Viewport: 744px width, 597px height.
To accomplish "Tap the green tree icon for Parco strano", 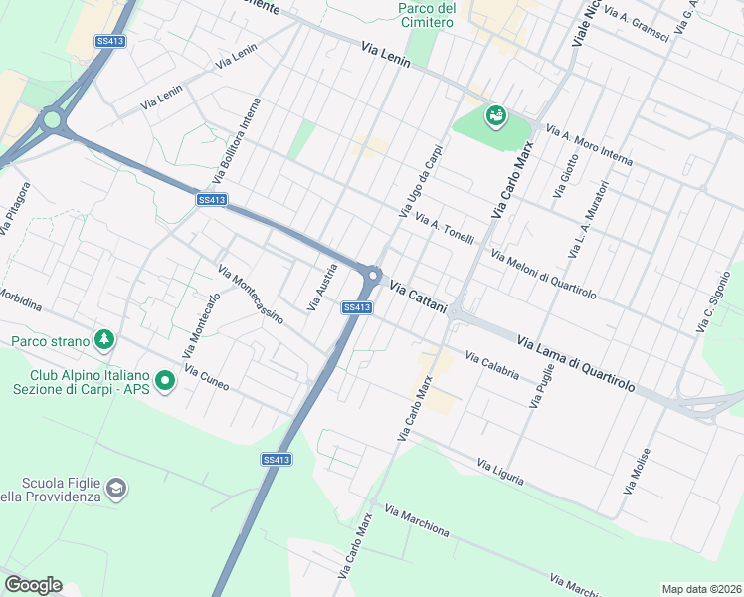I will click(x=104, y=341).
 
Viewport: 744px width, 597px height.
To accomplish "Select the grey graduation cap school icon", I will click(x=117, y=488).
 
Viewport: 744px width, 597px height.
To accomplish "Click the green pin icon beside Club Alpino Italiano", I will click(x=165, y=379).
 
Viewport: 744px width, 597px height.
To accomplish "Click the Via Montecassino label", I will click(x=251, y=295).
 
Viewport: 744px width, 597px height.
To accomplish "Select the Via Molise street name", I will click(x=638, y=471).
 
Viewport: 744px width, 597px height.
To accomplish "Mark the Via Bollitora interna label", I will click(x=237, y=141).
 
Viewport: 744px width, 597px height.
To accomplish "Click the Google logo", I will click(x=33, y=585).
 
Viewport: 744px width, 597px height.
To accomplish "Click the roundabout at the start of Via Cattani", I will click(x=373, y=276).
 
